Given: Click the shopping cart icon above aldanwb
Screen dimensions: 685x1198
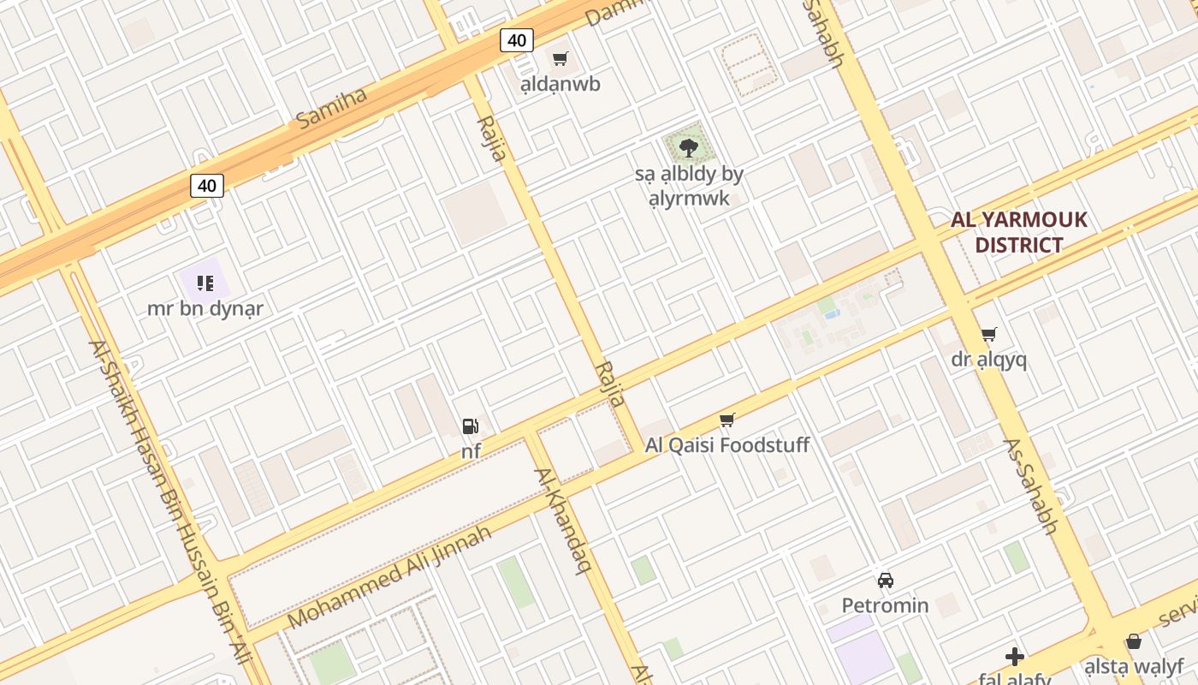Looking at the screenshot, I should click(x=560, y=59).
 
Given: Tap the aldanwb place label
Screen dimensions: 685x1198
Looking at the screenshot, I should click(x=560, y=84).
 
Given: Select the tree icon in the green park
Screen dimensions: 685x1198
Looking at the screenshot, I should click(x=688, y=148).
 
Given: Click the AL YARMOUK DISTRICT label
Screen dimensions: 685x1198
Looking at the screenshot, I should click(x=1019, y=232).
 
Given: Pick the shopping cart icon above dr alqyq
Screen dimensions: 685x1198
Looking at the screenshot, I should click(x=988, y=334).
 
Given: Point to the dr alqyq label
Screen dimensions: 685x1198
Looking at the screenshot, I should click(x=988, y=360).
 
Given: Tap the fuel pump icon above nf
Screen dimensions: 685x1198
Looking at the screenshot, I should click(x=470, y=426).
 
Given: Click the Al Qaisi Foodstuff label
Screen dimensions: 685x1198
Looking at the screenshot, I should click(x=727, y=445).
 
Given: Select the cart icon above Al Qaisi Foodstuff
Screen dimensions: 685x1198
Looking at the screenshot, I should click(x=727, y=420).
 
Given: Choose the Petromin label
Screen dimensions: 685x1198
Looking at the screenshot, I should click(x=885, y=605).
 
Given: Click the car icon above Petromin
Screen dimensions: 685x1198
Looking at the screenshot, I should click(x=885, y=580).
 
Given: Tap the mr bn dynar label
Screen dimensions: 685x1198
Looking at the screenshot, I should click(x=205, y=308).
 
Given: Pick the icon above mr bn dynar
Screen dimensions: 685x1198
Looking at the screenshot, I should click(x=205, y=283).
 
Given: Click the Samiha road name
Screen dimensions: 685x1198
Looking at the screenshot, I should click(x=332, y=108).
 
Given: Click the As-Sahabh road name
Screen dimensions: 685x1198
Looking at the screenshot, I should click(x=1030, y=486).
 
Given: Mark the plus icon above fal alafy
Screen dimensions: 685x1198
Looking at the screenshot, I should click(x=1014, y=657).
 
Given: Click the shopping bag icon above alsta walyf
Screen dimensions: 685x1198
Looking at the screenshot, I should click(x=1133, y=641).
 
